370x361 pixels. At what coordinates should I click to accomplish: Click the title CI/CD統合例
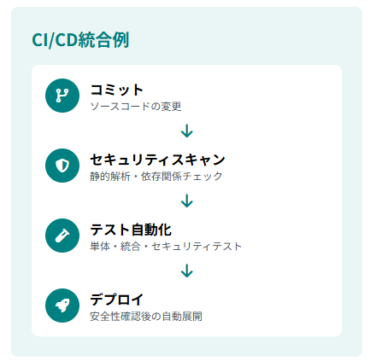coord(80,40)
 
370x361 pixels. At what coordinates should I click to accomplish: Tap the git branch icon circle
coord(62,96)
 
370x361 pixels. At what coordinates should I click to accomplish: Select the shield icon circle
coord(62,166)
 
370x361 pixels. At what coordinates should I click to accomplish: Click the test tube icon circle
coord(62,236)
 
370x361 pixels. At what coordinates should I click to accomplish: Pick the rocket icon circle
coord(62,306)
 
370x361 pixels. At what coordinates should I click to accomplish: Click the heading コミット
coord(116,90)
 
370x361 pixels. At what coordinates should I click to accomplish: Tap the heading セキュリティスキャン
coord(157,160)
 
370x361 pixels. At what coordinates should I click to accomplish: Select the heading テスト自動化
coord(131,230)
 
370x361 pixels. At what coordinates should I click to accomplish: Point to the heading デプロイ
coord(116,300)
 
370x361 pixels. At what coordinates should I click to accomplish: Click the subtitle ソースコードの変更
coord(136,107)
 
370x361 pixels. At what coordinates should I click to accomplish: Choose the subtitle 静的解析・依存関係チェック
coord(156,177)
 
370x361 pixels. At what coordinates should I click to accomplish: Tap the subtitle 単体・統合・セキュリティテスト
coord(166,247)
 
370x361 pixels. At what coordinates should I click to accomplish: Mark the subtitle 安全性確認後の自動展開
coord(146,317)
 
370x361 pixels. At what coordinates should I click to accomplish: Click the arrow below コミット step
coord(187,131)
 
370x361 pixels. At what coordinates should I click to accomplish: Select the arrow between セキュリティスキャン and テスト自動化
coord(187,201)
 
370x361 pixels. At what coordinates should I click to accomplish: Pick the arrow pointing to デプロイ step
coord(187,271)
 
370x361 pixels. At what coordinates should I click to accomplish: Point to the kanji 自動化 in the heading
coord(151,230)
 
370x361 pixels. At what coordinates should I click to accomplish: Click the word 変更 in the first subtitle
coord(171,107)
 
